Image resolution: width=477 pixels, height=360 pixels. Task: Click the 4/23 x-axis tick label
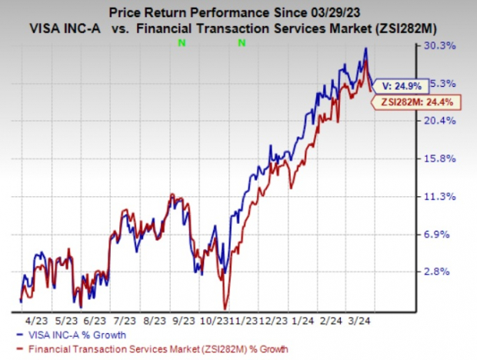(38, 318)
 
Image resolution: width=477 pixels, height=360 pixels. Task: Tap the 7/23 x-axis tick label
(125, 318)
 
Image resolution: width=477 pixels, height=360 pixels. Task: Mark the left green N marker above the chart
(181, 43)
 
